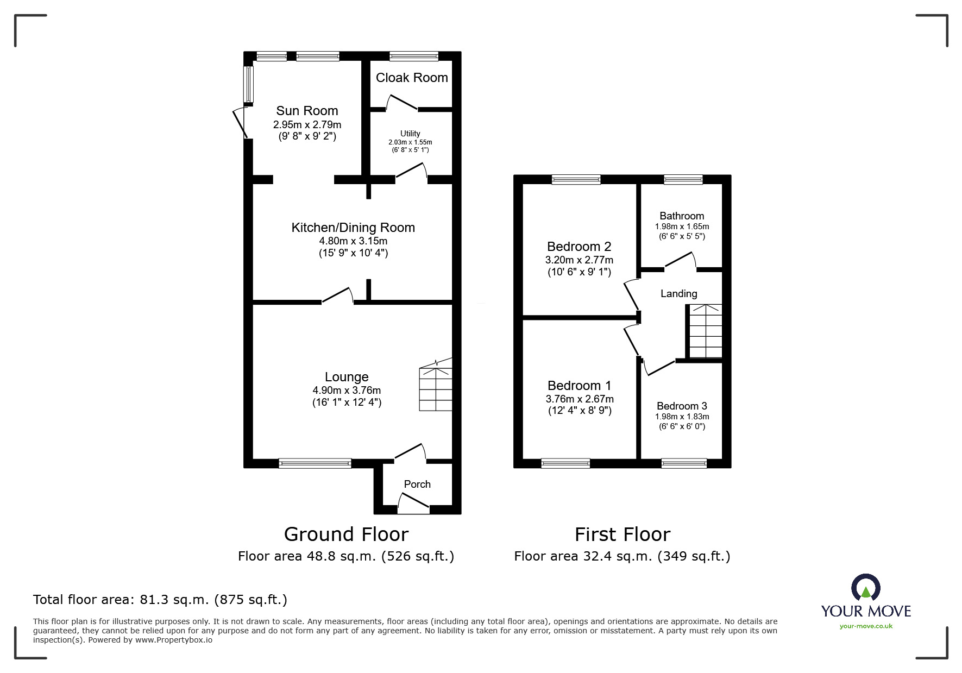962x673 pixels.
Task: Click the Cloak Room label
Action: coord(412,78)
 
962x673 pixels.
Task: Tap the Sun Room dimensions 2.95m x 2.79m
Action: coord(307,125)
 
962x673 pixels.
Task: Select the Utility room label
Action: coord(410,134)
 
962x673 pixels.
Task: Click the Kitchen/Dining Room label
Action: coord(353,228)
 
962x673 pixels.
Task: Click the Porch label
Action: coord(417,484)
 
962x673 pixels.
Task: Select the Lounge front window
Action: coord(315,463)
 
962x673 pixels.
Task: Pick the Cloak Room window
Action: coord(414,56)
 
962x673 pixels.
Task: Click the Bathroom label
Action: coord(682,216)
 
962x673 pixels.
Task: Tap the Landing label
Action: coord(678,294)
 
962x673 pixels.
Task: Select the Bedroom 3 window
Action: coord(684,463)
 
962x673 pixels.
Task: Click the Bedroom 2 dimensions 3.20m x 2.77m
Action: coord(579,260)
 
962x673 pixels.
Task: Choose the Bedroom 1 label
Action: coord(579,386)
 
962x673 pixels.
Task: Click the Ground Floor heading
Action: coord(346,534)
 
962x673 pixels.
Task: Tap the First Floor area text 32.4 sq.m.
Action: coord(622,556)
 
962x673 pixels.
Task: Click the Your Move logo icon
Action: coord(865,588)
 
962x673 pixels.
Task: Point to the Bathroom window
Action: coord(683,179)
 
